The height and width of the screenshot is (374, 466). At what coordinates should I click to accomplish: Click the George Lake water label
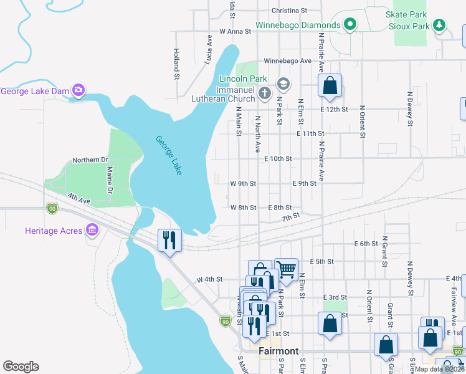pos(168,155)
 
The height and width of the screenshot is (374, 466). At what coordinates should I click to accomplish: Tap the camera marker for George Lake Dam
pos(78,91)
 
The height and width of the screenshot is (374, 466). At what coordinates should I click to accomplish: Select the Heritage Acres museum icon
pos(92,231)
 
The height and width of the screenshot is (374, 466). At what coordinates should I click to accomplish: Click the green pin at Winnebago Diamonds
pos(350,26)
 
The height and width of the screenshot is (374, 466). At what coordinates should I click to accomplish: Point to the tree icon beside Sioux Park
pos(440,25)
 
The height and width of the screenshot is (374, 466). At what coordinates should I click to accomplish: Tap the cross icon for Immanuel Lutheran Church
pos(265,94)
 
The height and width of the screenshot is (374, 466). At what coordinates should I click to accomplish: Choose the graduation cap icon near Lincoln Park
pos(283,83)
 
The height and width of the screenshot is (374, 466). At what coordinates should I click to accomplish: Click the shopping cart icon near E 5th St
pos(286,269)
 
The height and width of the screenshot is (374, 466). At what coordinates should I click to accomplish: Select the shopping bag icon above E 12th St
pos(330,85)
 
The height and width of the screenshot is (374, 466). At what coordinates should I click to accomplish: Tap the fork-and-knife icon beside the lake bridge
pos(169,239)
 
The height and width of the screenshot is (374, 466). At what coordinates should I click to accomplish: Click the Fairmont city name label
pos(278,351)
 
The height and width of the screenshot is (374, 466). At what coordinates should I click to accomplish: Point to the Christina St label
pos(290,11)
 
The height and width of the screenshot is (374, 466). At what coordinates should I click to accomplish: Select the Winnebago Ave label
pos(287,61)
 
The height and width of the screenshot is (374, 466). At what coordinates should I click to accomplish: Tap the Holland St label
pos(176,60)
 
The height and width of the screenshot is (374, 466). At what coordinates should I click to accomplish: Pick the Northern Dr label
pos(90,160)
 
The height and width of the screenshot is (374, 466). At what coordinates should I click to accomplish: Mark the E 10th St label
pos(278,159)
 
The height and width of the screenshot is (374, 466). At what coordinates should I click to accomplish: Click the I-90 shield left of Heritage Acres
pos(51,208)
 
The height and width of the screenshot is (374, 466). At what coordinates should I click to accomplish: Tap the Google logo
pos(21,367)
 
